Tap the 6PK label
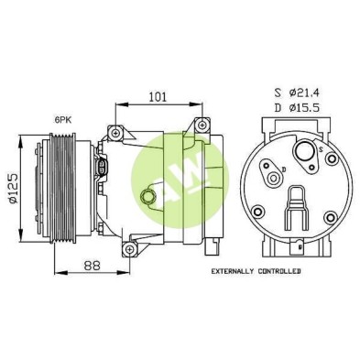click(x=62, y=120)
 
